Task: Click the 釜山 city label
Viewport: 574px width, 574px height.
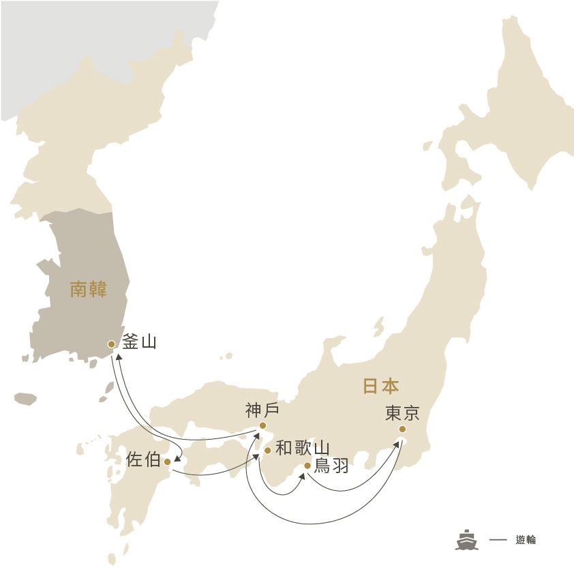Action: (x=140, y=341)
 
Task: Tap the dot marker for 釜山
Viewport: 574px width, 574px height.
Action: (x=112, y=344)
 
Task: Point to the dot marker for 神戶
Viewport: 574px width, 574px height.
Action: (x=262, y=427)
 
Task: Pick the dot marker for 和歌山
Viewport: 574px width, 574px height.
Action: (x=267, y=451)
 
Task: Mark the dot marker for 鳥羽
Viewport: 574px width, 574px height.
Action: (x=307, y=466)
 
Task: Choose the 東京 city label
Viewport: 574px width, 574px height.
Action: (x=402, y=413)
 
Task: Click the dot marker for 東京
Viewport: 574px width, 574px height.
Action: (x=402, y=429)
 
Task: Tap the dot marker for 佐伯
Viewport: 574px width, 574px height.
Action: (x=168, y=462)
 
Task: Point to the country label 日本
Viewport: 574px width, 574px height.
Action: (x=380, y=387)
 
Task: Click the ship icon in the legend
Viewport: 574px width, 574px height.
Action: (x=467, y=539)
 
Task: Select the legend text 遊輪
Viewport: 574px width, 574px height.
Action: (x=526, y=540)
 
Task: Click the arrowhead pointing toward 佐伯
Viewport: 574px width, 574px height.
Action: (x=177, y=459)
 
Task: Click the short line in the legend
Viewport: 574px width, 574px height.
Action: (x=498, y=540)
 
